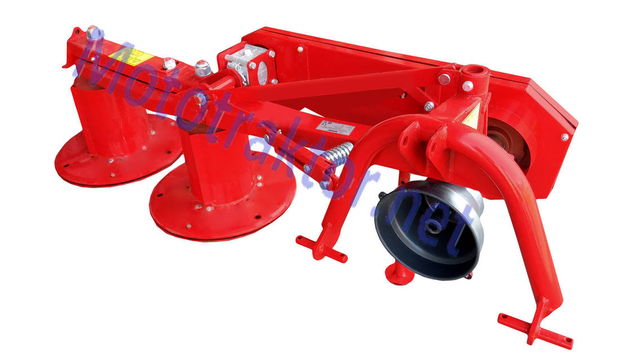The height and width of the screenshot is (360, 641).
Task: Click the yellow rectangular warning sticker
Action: tap(131, 56)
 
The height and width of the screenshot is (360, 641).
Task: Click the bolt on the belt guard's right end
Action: tap(564, 137)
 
